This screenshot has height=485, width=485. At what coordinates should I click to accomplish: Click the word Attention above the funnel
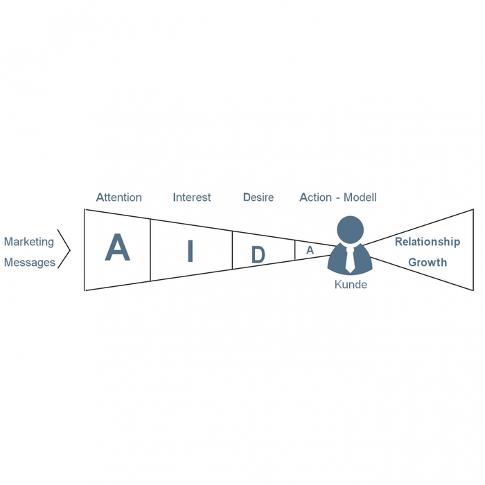tap(118, 197)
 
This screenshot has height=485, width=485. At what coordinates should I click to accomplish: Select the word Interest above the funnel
tap(192, 197)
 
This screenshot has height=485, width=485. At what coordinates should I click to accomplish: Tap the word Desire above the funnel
tap(258, 197)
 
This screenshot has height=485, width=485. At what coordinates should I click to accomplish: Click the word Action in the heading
tap(315, 197)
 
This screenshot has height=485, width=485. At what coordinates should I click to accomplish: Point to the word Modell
tap(360, 197)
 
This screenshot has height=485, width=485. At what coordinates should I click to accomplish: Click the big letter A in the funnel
tap(117, 248)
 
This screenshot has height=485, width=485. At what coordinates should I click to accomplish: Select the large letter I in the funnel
tap(190, 252)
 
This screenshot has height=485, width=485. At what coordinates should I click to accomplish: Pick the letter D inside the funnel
tap(258, 255)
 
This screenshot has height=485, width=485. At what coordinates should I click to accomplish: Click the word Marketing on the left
tap(28, 242)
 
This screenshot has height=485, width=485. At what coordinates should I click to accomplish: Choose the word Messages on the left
tap(30, 263)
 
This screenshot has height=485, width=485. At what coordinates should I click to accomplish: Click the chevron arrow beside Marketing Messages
tap(65, 249)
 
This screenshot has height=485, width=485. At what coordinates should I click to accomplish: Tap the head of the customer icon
tap(350, 230)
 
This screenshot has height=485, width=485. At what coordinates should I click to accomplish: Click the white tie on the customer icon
tap(350, 258)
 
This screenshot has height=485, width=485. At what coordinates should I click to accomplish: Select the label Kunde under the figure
tap(351, 285)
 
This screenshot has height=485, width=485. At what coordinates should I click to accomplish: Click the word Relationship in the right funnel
tap(427, 242)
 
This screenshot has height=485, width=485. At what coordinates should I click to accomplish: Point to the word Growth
tap(427, 263)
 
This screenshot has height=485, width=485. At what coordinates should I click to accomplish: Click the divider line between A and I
tap(150, 249)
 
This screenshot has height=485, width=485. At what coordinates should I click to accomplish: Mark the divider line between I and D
tap(232, 250)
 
